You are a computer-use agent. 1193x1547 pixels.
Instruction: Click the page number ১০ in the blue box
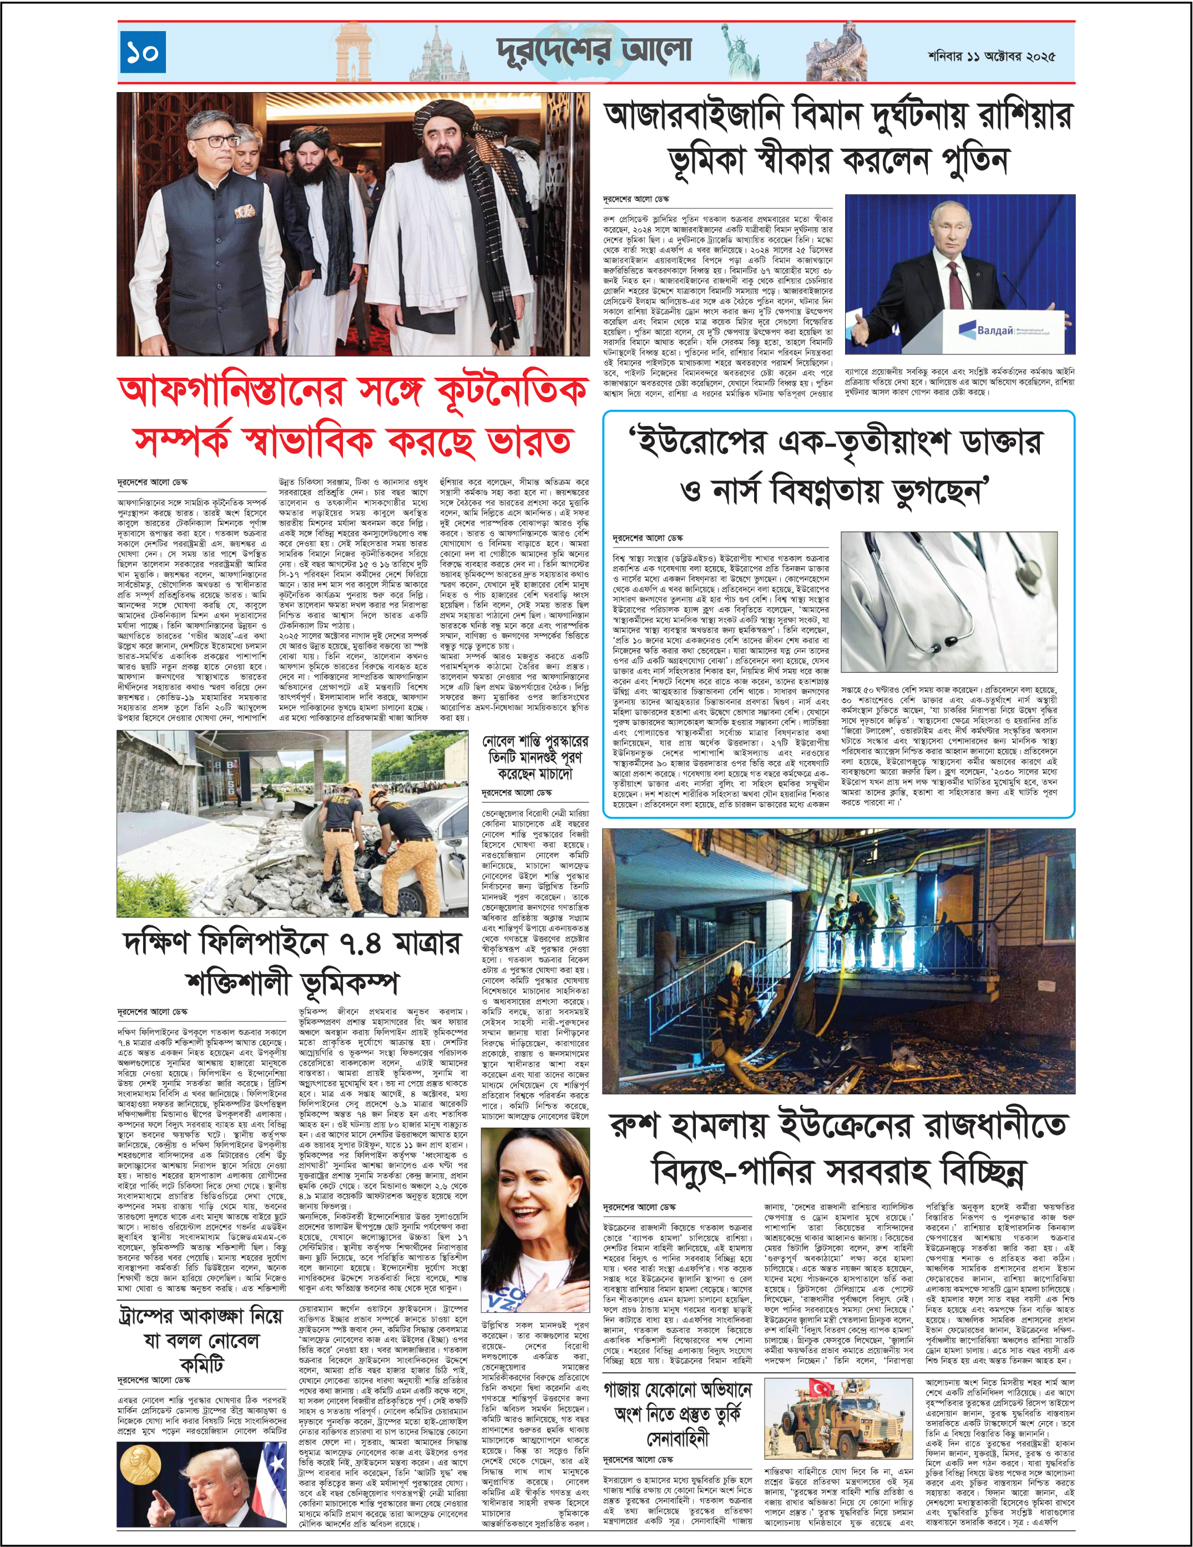coord(143,52)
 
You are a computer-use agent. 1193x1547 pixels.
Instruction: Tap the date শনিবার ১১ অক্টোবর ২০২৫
coord(991,56)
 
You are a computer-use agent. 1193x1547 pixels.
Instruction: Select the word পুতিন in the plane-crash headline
coord(973,161)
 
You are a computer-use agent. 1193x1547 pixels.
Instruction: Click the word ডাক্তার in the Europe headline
coord(1001,443)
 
